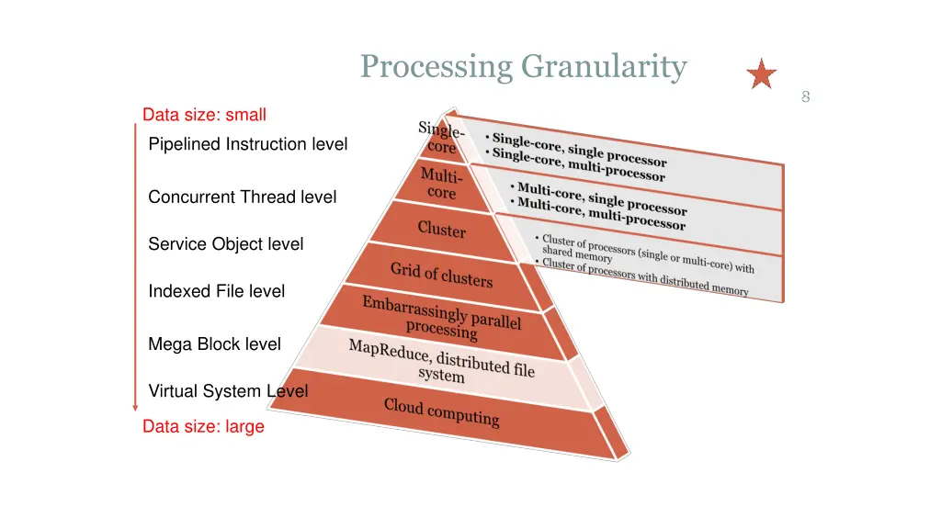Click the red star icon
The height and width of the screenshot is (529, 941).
pyautogui.click(x=761, y=74)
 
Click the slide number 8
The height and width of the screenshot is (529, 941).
pyautogui.click(x=805, y=96)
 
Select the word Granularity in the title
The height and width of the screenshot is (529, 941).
pyautogui.click(x=604, y=67)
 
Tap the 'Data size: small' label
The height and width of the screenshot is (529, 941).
pyautogui.click(x=204, y=115)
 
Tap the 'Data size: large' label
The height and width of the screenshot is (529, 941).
pyautogui.click(x=203, y=426)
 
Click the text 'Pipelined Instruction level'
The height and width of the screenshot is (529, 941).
pyautogui.click(x=247, y=144)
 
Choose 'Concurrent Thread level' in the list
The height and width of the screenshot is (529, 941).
pyautogui.click(x=242, y=197)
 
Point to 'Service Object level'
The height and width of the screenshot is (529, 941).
pyautogui.click(x=225, y=244)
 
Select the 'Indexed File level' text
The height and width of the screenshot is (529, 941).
pyautogui.click(x=216, y=291)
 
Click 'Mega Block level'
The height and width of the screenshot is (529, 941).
pyautogui.click(x=214, y=344)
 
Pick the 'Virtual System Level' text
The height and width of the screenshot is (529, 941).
pyautogui.click(x=228, y=391)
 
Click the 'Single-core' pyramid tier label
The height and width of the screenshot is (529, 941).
pyautogui.click(x=441, y=139)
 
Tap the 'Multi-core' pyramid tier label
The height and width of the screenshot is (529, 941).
pyautogui.click(x=442, y=183)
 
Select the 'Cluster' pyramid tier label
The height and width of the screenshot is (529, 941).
pyautogui.click(x=442, y=229)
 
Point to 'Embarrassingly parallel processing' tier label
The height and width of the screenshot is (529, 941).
pyautogui.click(x=441, y=316)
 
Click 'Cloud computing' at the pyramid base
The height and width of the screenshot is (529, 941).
pyautogui.click(x=441, y=411)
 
